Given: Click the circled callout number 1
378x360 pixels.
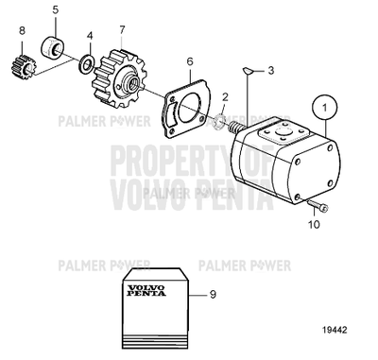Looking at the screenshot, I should click(x=326, y=108).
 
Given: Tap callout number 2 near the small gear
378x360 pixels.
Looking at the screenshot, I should click(x=225, y=97).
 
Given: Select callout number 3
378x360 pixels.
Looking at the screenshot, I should click(x=271, y=70).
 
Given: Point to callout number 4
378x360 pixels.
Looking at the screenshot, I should click(x=90, y=38).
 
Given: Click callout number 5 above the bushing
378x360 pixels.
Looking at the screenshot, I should click(x=54, y=10).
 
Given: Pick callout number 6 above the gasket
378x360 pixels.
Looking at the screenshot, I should click(x=189, y=61).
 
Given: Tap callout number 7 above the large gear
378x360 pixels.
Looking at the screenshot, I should click(x=121, y=29).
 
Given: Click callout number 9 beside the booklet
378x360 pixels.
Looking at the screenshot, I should click(x=213, y=295).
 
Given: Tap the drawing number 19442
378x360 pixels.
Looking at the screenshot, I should click(x=335, y=333).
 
